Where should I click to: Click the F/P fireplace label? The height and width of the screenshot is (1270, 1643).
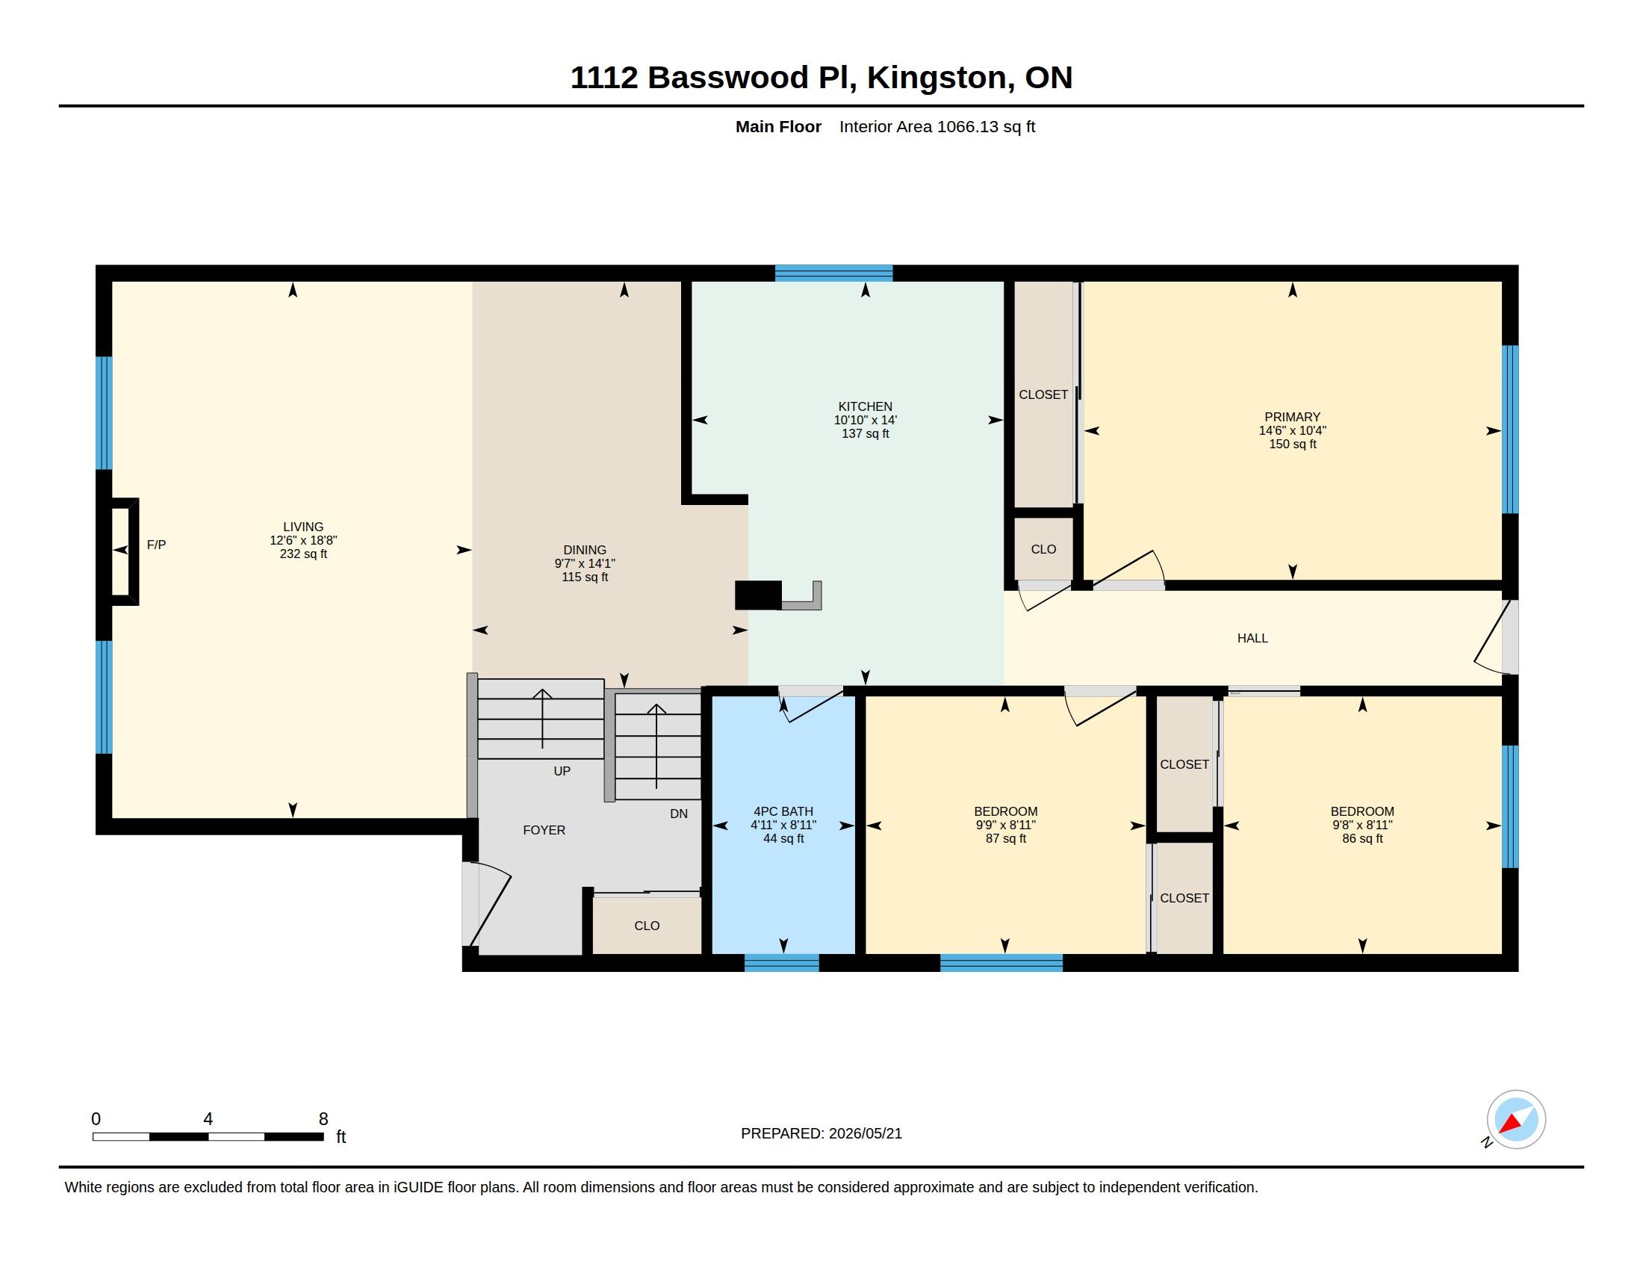[x=157, y=545]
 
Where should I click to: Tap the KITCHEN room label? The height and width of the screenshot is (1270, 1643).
[x=865, y=406]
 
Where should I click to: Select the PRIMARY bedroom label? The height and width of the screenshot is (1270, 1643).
[x=1293, y=417]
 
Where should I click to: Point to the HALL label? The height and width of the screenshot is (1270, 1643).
[x=1252, y=638]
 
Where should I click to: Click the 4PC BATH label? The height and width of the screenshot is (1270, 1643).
[x=783, y=811]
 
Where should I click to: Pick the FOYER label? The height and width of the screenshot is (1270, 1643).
[x=544, y=830]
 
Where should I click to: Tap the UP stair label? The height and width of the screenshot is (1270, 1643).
[x=562, y=771]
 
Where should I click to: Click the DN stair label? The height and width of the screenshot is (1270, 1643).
[x=679, y=814]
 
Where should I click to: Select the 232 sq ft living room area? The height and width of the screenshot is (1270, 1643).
[x=303, y=554]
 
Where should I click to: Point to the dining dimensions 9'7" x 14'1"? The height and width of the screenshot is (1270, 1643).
[x=585, y=563]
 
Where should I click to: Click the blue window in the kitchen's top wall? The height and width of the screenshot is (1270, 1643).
[x=833, y=273]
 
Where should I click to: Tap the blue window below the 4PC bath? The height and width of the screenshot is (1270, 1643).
[x=782, y=962]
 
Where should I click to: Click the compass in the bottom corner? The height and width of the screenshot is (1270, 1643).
[x=1516, y=1120]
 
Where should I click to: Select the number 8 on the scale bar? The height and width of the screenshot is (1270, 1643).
[x=323, y=1119]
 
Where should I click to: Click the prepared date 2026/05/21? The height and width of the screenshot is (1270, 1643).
[x=865, y=1133]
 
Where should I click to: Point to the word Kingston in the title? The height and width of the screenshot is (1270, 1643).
[x=936, y=78]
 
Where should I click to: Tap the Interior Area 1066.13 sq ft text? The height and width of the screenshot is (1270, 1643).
[x=937, y=126]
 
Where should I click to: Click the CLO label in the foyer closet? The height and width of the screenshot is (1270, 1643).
[x=647, y=926]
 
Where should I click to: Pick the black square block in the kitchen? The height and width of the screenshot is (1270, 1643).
[x=758, y=596]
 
